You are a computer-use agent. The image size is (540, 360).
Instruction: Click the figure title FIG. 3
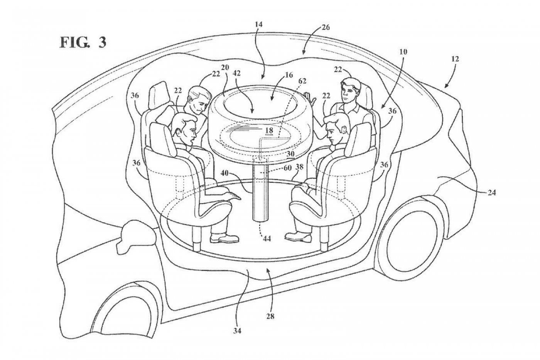click(x=83, y=42)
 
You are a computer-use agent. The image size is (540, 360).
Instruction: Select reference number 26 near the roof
click(x=325, y=28)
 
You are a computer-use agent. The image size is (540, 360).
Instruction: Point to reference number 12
click(x=455, y=59)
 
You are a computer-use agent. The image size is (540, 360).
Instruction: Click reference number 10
click(x=403, y=52)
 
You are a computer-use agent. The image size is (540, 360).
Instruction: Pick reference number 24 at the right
click(x=491, y=193)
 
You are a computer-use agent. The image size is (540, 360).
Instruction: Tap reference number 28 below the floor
click(x=270, y=316)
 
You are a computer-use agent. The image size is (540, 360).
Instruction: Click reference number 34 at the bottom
click(x=237, y=331)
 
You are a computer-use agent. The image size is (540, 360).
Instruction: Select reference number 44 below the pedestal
click(x=267, y=239)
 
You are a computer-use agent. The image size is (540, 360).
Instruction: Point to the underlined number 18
click(x=269, y=131)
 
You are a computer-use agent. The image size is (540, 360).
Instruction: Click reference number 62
click(x=302, y=81)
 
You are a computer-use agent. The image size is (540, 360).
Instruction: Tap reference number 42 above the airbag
click(x=236, y=74)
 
